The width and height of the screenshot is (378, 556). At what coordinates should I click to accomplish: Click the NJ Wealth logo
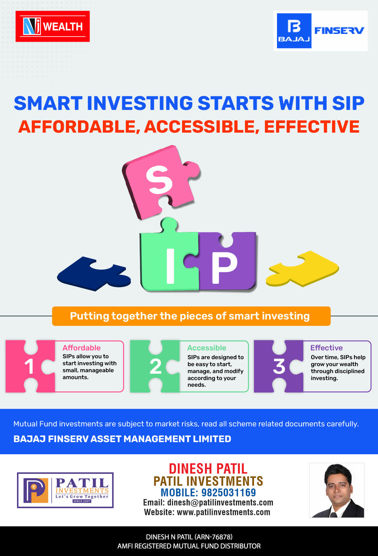pos(53,26)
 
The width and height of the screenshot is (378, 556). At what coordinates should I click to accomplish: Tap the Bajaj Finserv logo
pos(321,31)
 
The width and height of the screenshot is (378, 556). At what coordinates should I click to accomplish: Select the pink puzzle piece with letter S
pos(160,182)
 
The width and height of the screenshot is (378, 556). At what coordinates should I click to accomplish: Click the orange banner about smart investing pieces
pos(191,316)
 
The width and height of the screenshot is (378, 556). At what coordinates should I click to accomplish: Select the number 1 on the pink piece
pos(29,366)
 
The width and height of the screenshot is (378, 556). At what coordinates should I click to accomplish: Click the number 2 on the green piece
pos(156,366)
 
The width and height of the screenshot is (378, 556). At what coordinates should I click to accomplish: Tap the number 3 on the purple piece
pos(279,366)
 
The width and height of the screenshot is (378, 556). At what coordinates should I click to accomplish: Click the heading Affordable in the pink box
pos(81,348)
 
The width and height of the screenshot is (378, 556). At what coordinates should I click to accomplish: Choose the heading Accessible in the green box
pos(207,348)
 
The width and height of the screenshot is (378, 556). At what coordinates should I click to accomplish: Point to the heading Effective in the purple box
pos(327,348)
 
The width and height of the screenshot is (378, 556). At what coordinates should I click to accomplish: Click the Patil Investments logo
pos(65,490)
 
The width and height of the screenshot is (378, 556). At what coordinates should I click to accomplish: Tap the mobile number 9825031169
pos(229,493)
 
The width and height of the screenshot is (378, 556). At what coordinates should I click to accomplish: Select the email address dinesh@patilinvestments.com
pos(220,503)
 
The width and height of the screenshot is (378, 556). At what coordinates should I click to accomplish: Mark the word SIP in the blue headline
pos(348,103)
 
